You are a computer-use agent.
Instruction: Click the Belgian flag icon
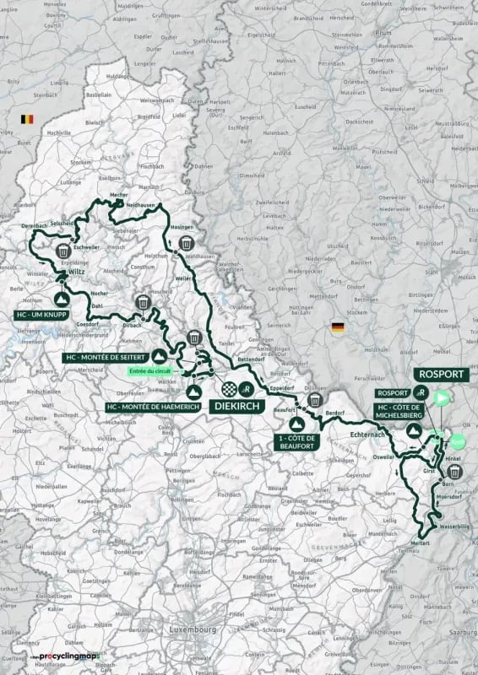pos(26,120)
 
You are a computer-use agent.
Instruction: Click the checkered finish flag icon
pos(228,388)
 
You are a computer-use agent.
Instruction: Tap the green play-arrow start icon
pos(441,397)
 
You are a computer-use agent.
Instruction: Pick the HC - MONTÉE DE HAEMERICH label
pos(149,407)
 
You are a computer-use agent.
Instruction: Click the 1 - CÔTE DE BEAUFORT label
pos(298,440)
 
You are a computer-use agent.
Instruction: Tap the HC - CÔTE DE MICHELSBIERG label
pos(403,411)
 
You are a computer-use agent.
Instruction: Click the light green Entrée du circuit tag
pos(153,371)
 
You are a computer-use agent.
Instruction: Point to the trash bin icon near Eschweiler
pos(63,251)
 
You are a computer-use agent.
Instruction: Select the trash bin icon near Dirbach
pos(144,302)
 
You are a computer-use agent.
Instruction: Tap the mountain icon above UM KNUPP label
pos(62,297)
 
